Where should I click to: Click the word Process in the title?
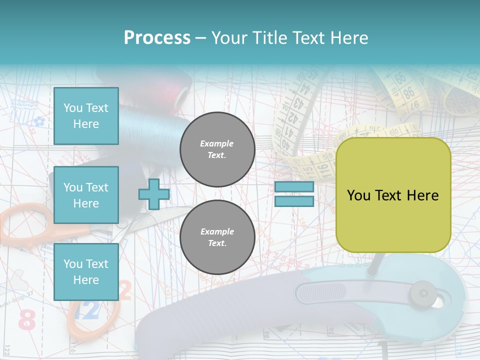click(x=157, y=37)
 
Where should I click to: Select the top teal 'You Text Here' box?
click(x=86, y=116)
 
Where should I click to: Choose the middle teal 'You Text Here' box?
click(x=86, y=195)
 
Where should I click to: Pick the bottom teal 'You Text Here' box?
click(x=86, y=272)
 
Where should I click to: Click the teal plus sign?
click(x=154, y=194)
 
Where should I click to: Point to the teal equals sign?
click(x=294, y=194)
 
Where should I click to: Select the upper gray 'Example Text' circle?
click(x=217, y=149)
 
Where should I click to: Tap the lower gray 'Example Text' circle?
click(x=217, y=237)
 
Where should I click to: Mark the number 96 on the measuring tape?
click(x=408, y=92)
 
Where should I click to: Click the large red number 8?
click(x=26, y=320)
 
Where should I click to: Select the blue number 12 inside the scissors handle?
click(x=88, y=311)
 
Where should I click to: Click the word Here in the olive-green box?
click(x=422, y=195)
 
